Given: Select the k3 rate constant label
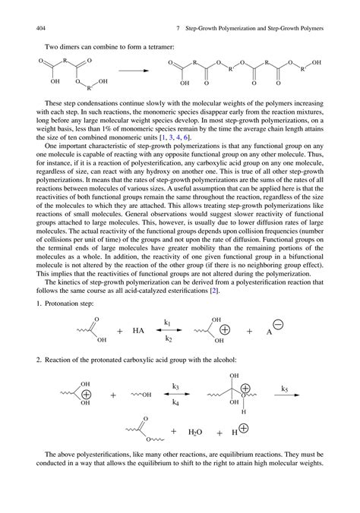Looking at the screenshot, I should (x=176, y=387).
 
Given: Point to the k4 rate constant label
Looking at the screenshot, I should (x=176, y=404).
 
